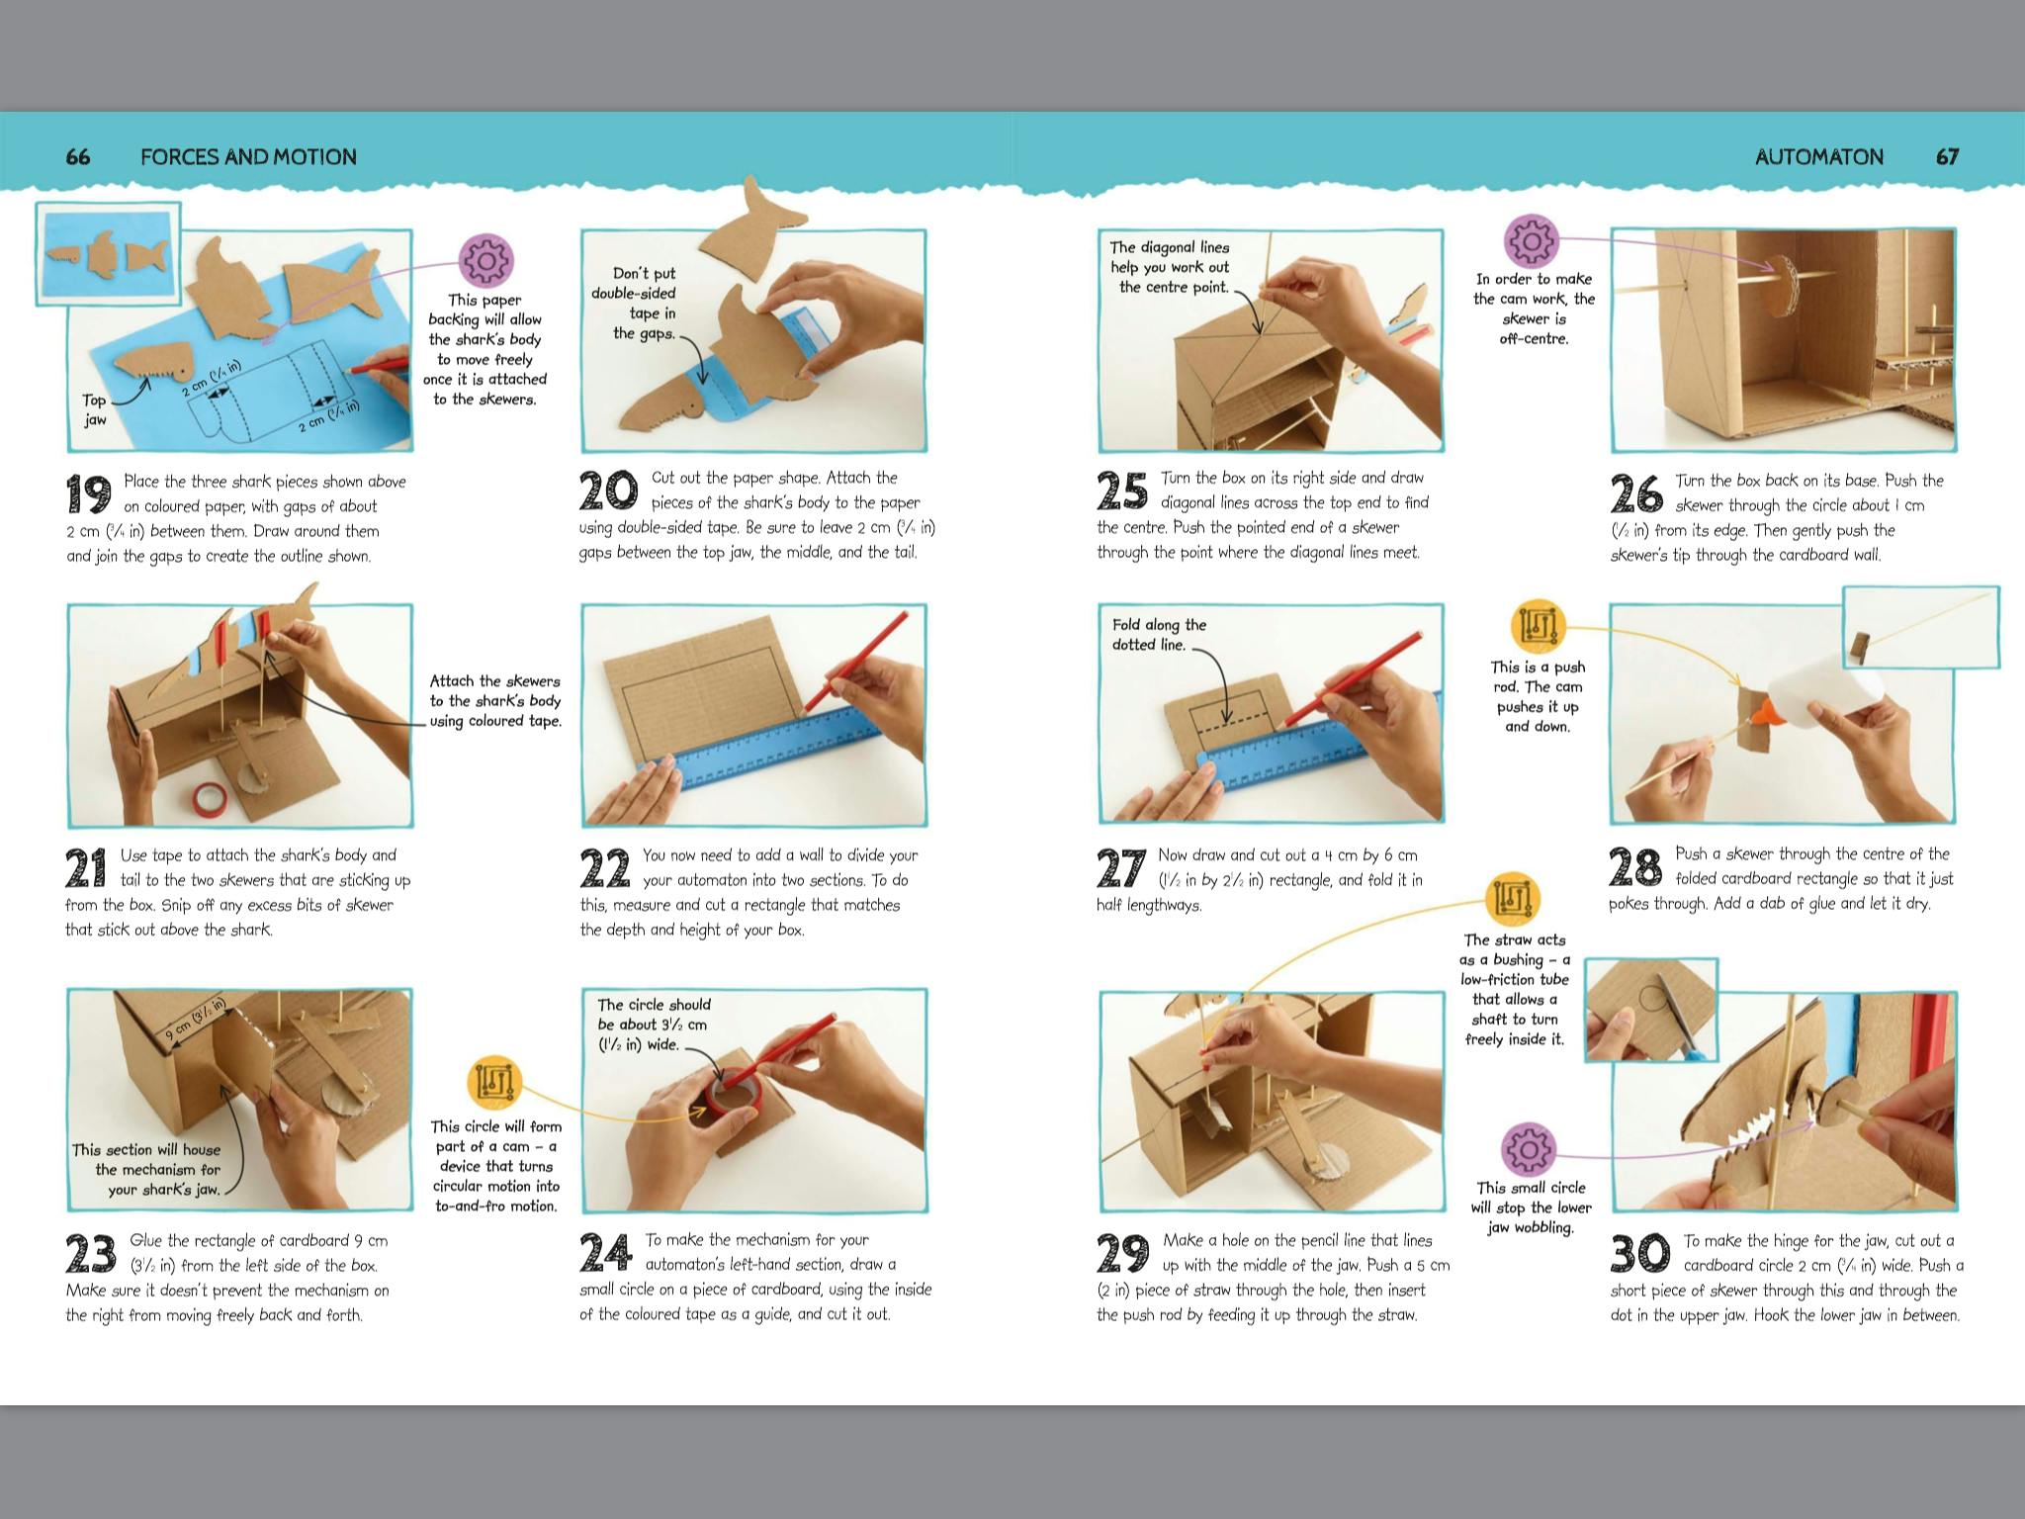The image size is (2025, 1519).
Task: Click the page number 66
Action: [77, 156]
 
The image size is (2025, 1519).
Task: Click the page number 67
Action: [1947, 156]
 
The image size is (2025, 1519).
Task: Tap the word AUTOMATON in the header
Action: [1818, 156]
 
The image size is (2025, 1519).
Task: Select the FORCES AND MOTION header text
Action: [248, 156]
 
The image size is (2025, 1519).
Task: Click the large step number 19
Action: [88, 493]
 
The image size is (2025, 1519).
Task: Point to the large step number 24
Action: [605, 1252]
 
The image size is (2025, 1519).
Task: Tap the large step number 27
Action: [1121, 867]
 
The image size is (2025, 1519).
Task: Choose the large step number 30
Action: [1639, 1253]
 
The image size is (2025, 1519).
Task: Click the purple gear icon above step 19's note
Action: [486, 260]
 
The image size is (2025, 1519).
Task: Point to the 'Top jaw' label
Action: [94, 409]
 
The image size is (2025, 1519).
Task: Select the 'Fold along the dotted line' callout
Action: [1160, 634]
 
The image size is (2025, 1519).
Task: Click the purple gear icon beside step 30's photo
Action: [1529, 1149]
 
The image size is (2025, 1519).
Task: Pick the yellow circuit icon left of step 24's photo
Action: [496, 1082]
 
